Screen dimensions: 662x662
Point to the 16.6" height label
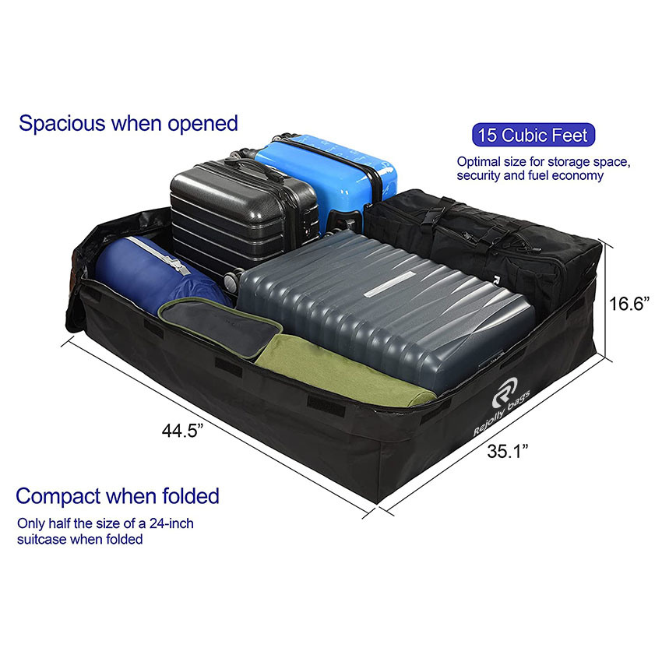pos(629,304)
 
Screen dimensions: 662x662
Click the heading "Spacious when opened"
pos(129,122)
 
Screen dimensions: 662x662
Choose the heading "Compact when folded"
pos(118,495)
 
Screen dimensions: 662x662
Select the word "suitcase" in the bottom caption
pos(42,539)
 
